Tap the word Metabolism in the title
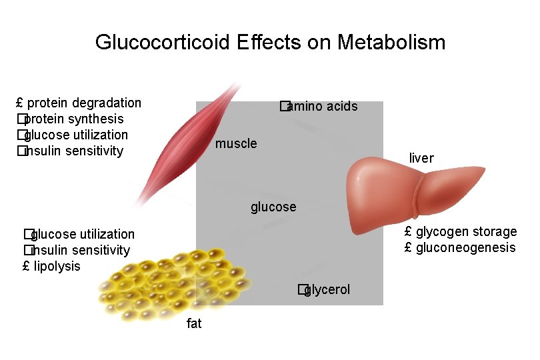[391, 43]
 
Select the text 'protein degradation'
[84, 103]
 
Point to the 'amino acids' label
[323, 107]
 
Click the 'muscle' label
[236, 144]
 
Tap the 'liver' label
[421, 159]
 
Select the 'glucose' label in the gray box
[273, 207]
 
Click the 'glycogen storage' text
[466, 232]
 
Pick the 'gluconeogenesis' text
[466, 248]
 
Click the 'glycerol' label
[327, 290]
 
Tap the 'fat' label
[194, 324]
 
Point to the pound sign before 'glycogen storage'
[408, 232]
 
